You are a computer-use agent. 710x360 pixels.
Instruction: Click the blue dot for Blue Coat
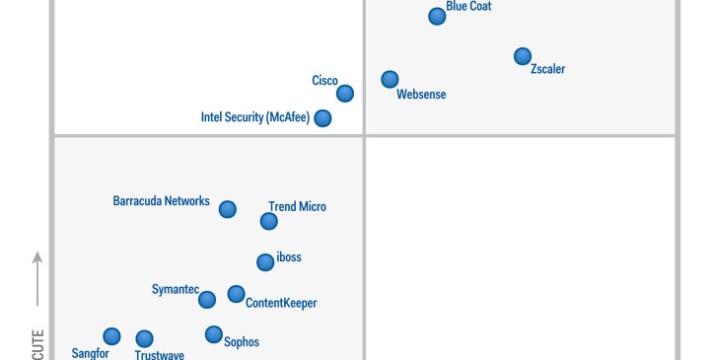pyautogui.click(x=437, y=16)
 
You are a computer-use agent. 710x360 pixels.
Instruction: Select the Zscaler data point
pyautogui.click(x=523, y=56)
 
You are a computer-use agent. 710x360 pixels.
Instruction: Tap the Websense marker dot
pyautogui.click(x=390, y=79)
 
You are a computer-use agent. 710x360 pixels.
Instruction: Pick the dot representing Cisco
pyautogui.click(x=344, y=94)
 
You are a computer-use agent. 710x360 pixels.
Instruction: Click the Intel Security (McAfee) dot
pyautogui.click(x=322, y=118)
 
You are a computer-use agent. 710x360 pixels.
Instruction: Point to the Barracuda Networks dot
pyautogui.click(x=227, y=209)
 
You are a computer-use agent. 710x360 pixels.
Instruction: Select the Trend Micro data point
pyautogui.click(x=268, y=221)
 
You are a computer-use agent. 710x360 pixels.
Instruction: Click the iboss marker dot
pyautogui.click(x=264, y=262)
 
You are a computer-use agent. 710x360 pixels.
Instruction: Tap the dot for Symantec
pyautogui.click(x=206, y=300)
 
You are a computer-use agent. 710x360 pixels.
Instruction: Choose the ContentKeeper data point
pyautogui.click(x=236, y=294)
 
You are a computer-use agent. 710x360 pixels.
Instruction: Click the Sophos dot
pyautogui.click(x=213, y=334)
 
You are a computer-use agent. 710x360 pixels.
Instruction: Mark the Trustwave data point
pyautogui.click(x=144, y=339)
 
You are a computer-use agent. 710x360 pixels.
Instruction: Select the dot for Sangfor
pyautogui.click(x=111, y=336)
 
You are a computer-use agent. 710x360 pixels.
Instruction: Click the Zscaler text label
pyautogui.click(x=547, y=70)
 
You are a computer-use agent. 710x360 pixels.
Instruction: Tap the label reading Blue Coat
pyautogui.click(x=468, y=7)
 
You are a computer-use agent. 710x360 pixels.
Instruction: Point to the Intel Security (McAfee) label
pyautogui.click(x=255, y=117)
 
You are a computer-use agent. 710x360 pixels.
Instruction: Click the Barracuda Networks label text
pyautogui.click(x=161, y=201)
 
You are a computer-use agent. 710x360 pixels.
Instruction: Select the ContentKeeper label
pyautogui.click(x=281, y=304)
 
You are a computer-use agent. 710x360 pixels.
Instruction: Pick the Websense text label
pyautogui.click(x=421, y=95)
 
